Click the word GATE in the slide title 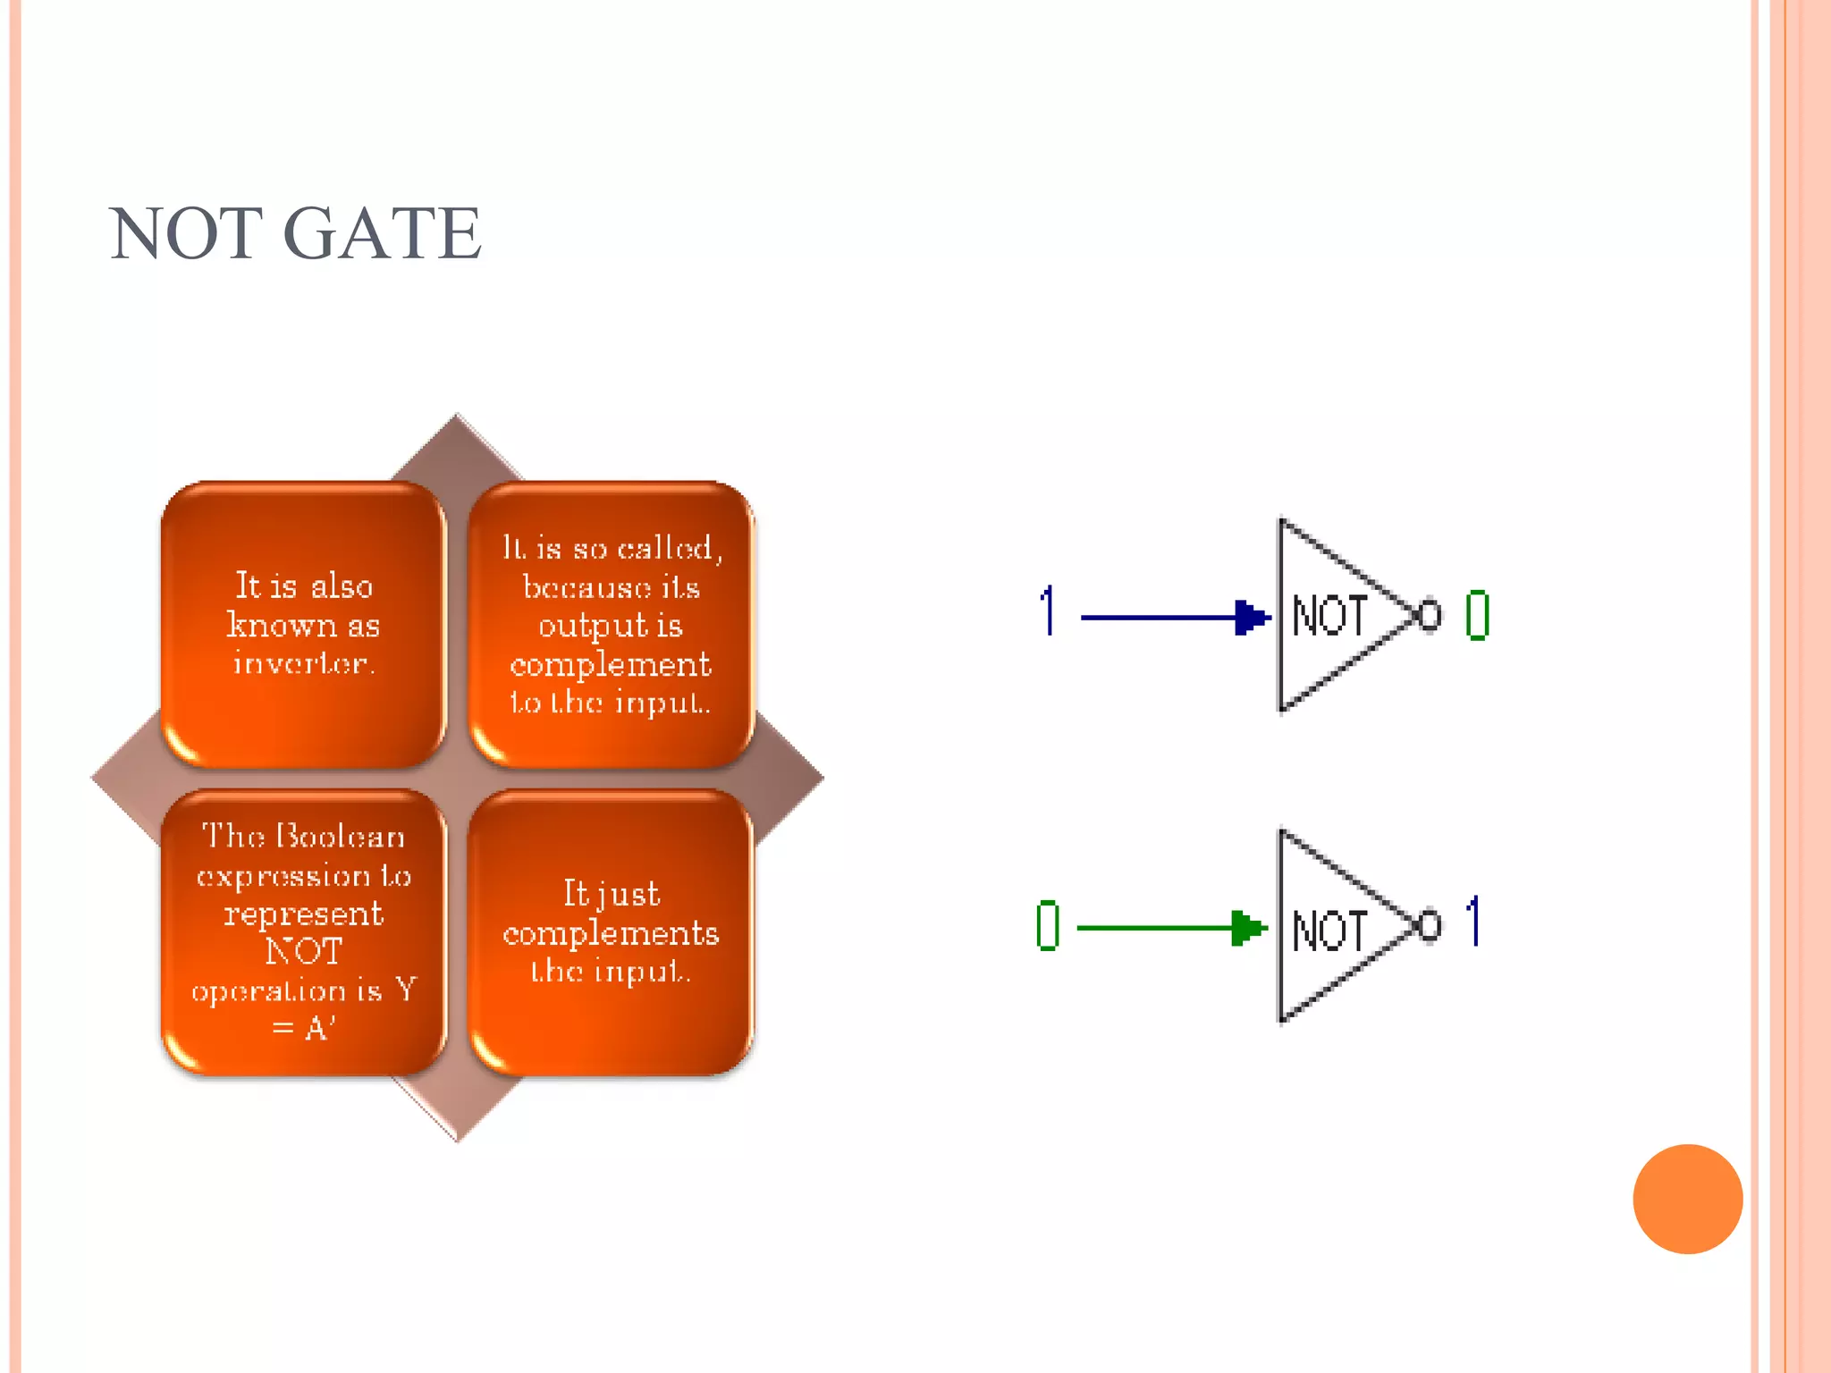[383, 234]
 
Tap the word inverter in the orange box [304, 663]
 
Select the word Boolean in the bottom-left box [342, 837]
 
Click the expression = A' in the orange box [304, 1029]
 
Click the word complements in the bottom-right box [611, 933]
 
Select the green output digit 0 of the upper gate [1477, 616]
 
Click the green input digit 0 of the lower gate [1048, 926]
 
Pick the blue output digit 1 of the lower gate [1474, 922]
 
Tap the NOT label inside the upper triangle [1329, 617]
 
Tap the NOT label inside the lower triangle [1329, 931]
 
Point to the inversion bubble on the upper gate [1429, 615]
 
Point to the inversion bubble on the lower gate [1429, 926]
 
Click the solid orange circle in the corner [1687, 1199]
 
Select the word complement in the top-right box [611, 665]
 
